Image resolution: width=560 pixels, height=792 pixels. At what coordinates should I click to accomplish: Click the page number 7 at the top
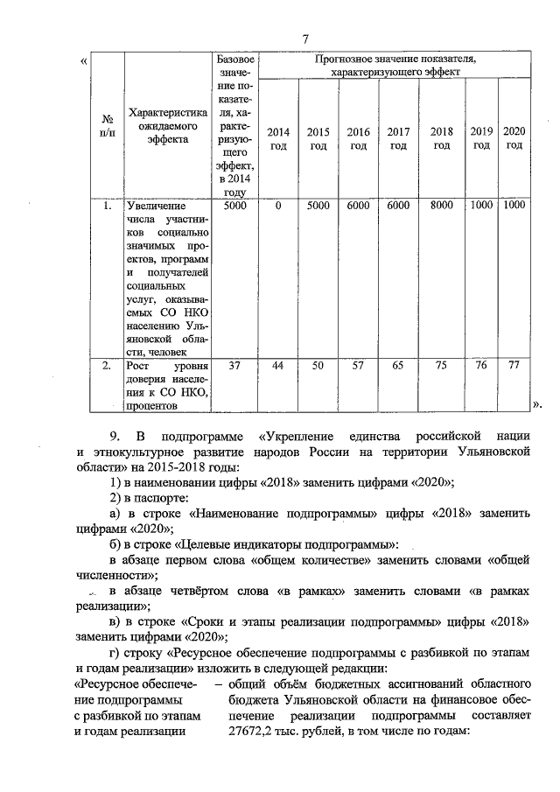pyautogui.click(x=305, y=39)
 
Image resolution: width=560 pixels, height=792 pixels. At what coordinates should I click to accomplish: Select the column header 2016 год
pyautogui.click(x=358, y=138)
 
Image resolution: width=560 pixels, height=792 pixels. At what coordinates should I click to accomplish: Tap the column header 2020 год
pyautogui.click(x=514, y=137)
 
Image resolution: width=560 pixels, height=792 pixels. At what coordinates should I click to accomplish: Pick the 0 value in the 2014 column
pyautogui.click(x=277, y=206)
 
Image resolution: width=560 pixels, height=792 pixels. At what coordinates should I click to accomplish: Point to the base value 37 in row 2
pyautogui.click(x=234, y=366)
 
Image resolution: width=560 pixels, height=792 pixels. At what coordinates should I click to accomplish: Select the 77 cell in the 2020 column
pyautogui.click(x=514, y=366)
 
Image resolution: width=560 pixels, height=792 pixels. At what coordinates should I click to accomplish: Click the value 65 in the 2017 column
pyautogui.click(x=398, y=366)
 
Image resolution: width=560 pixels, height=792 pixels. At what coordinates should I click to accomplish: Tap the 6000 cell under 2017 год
pyautogui.click(x=398, y=206)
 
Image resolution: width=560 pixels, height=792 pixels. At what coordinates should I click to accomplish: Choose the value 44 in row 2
pyautogui.click(x=277, y=366)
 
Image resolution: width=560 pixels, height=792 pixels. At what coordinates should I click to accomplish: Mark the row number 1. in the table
pyautogui.click(x=106, y=207)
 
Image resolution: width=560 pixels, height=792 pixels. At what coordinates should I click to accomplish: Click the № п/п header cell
pyautogui.click(x=107, y=124)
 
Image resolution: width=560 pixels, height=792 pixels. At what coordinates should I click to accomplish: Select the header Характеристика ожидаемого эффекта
pyautogui.click(x=166, y=124)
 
